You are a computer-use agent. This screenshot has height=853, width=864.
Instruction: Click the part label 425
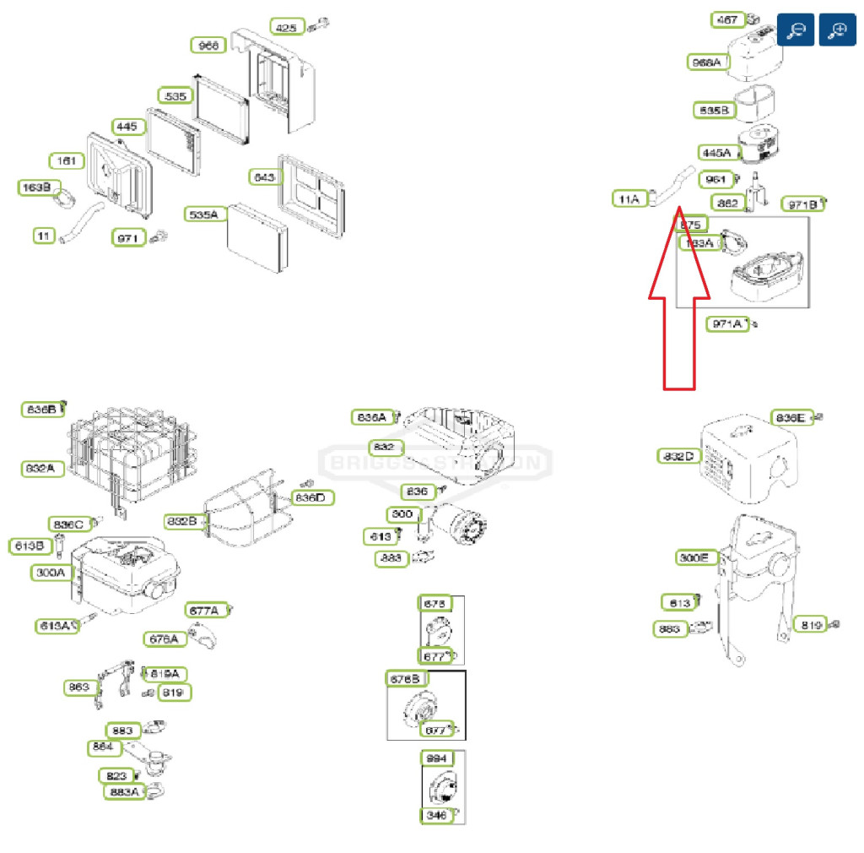coord(287,27)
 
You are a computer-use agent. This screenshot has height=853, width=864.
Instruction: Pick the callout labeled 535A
coord(203,215)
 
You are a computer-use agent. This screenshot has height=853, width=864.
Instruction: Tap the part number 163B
coord(35,187)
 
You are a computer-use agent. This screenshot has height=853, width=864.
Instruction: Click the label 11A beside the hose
coord(629,199)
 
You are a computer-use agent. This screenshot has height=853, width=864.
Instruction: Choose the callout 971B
coord(800,204)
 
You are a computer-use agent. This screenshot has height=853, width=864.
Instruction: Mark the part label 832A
coord(43,469)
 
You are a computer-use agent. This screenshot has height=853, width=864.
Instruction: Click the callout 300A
coord(51,573)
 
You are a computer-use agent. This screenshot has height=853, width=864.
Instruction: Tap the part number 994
coord(436,758)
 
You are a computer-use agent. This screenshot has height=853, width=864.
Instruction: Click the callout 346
coord(436,815)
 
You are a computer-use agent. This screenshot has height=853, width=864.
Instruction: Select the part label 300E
coord(697,557)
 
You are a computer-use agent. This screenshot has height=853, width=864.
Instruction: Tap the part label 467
coord(726,19)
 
